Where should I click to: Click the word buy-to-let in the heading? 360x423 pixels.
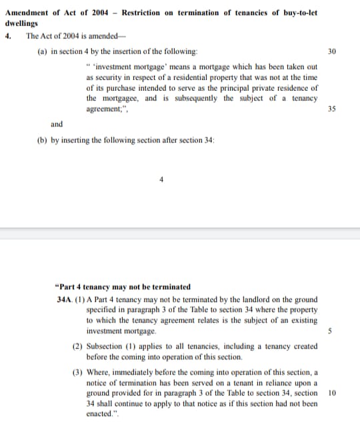[x=298, y=13]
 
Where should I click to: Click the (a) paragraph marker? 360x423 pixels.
[x=42, y=51]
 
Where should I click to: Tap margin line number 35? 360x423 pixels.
[x=332, y=109]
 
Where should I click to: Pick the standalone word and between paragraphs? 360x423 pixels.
[x=57, y=124]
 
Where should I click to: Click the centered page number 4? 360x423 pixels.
[x=161, y=179]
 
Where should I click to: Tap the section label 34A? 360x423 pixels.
[x=65, y=300]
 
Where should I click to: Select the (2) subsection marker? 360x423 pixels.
[x=77, y=347]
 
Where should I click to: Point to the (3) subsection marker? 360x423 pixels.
[x=77, y=372]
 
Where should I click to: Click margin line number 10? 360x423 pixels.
[x=332, y=393]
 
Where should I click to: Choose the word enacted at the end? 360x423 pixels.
[x=100, y=414]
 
